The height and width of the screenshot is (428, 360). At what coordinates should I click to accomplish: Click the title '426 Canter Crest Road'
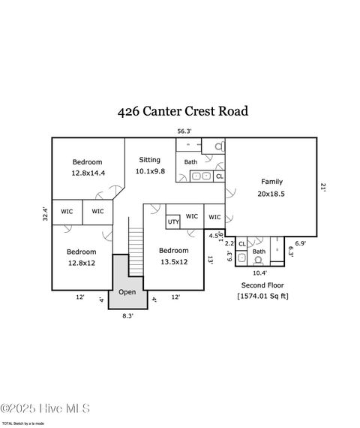182,111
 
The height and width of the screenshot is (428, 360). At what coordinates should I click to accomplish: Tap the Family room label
272,187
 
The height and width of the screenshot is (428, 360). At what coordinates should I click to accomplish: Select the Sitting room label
149,165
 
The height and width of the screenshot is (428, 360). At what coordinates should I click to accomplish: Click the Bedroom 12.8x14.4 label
88,167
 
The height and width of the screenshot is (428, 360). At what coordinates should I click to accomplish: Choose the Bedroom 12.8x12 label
81,257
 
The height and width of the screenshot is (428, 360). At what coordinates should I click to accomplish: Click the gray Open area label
127,292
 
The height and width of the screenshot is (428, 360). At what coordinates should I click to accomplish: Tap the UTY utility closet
173,222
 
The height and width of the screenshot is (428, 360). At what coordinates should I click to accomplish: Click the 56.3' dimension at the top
184,131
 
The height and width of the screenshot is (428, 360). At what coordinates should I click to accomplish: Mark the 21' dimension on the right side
324,188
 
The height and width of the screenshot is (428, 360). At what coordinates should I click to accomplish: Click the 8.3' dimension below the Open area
127,316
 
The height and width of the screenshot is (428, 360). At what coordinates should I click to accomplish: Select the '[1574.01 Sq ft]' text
263,296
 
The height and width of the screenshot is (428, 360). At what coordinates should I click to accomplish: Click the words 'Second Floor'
263,285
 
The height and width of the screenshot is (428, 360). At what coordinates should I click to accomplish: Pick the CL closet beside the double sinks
219,176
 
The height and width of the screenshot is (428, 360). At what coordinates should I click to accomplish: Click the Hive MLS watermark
45,408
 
